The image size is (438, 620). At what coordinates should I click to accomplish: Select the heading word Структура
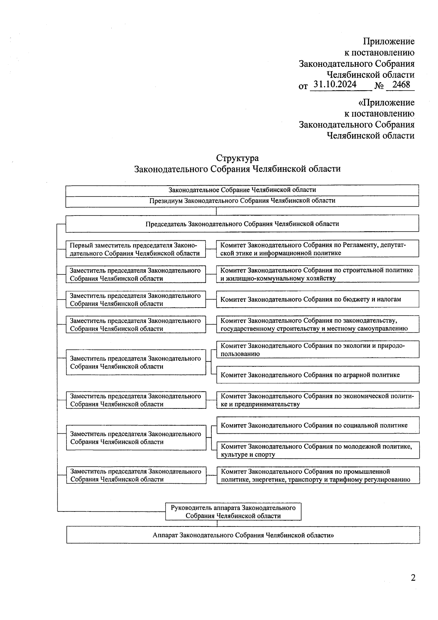click(237, 158)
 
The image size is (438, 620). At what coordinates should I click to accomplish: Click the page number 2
click(413, 578)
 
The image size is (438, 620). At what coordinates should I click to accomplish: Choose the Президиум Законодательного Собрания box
click(242, 201)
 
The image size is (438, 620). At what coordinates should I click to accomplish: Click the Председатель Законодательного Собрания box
click(242, 224)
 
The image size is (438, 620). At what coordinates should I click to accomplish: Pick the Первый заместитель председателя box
click(135, 249)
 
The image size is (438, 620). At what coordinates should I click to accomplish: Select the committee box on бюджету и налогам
click(317, 299)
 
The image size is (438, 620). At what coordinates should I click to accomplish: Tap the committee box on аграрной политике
click(317, 375)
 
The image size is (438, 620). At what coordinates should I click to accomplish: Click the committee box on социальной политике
click(318, 425)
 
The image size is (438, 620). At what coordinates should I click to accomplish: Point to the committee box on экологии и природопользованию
click(317, 350)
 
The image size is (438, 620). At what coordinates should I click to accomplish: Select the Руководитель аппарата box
click(233, 511)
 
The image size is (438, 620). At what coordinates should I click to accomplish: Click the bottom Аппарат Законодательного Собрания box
click(243, 535)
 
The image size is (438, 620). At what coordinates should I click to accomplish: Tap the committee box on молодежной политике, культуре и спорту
click(318, 450)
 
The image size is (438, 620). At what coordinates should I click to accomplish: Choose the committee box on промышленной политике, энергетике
click(318, 475)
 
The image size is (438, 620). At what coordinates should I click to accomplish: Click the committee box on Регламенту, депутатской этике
click(317, 249)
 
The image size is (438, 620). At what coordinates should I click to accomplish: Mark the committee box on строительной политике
click(317, 274)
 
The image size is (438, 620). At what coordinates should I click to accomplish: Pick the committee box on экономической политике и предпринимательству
click(318, 400)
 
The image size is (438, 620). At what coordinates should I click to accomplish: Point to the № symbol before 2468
click(379, 87)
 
